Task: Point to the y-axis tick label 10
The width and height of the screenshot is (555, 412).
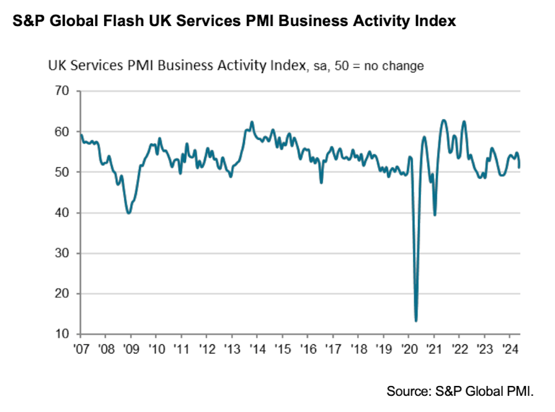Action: [62, 334]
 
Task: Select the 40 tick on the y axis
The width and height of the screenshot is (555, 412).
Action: [62, 213]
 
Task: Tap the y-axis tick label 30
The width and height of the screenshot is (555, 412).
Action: [62, 253]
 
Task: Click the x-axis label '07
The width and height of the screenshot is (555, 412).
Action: [80, 350]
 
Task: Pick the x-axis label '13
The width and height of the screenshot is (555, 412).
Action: [231, 350]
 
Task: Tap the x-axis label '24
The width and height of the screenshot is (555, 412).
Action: [509, 350]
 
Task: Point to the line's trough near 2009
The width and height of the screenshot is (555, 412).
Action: [128, 213]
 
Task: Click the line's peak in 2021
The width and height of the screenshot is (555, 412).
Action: [443, 120]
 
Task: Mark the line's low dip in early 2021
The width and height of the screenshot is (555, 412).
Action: [435, 215]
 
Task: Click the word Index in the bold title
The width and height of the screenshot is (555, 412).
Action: [435, 21]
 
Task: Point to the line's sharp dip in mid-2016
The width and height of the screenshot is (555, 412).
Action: [321, 183]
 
